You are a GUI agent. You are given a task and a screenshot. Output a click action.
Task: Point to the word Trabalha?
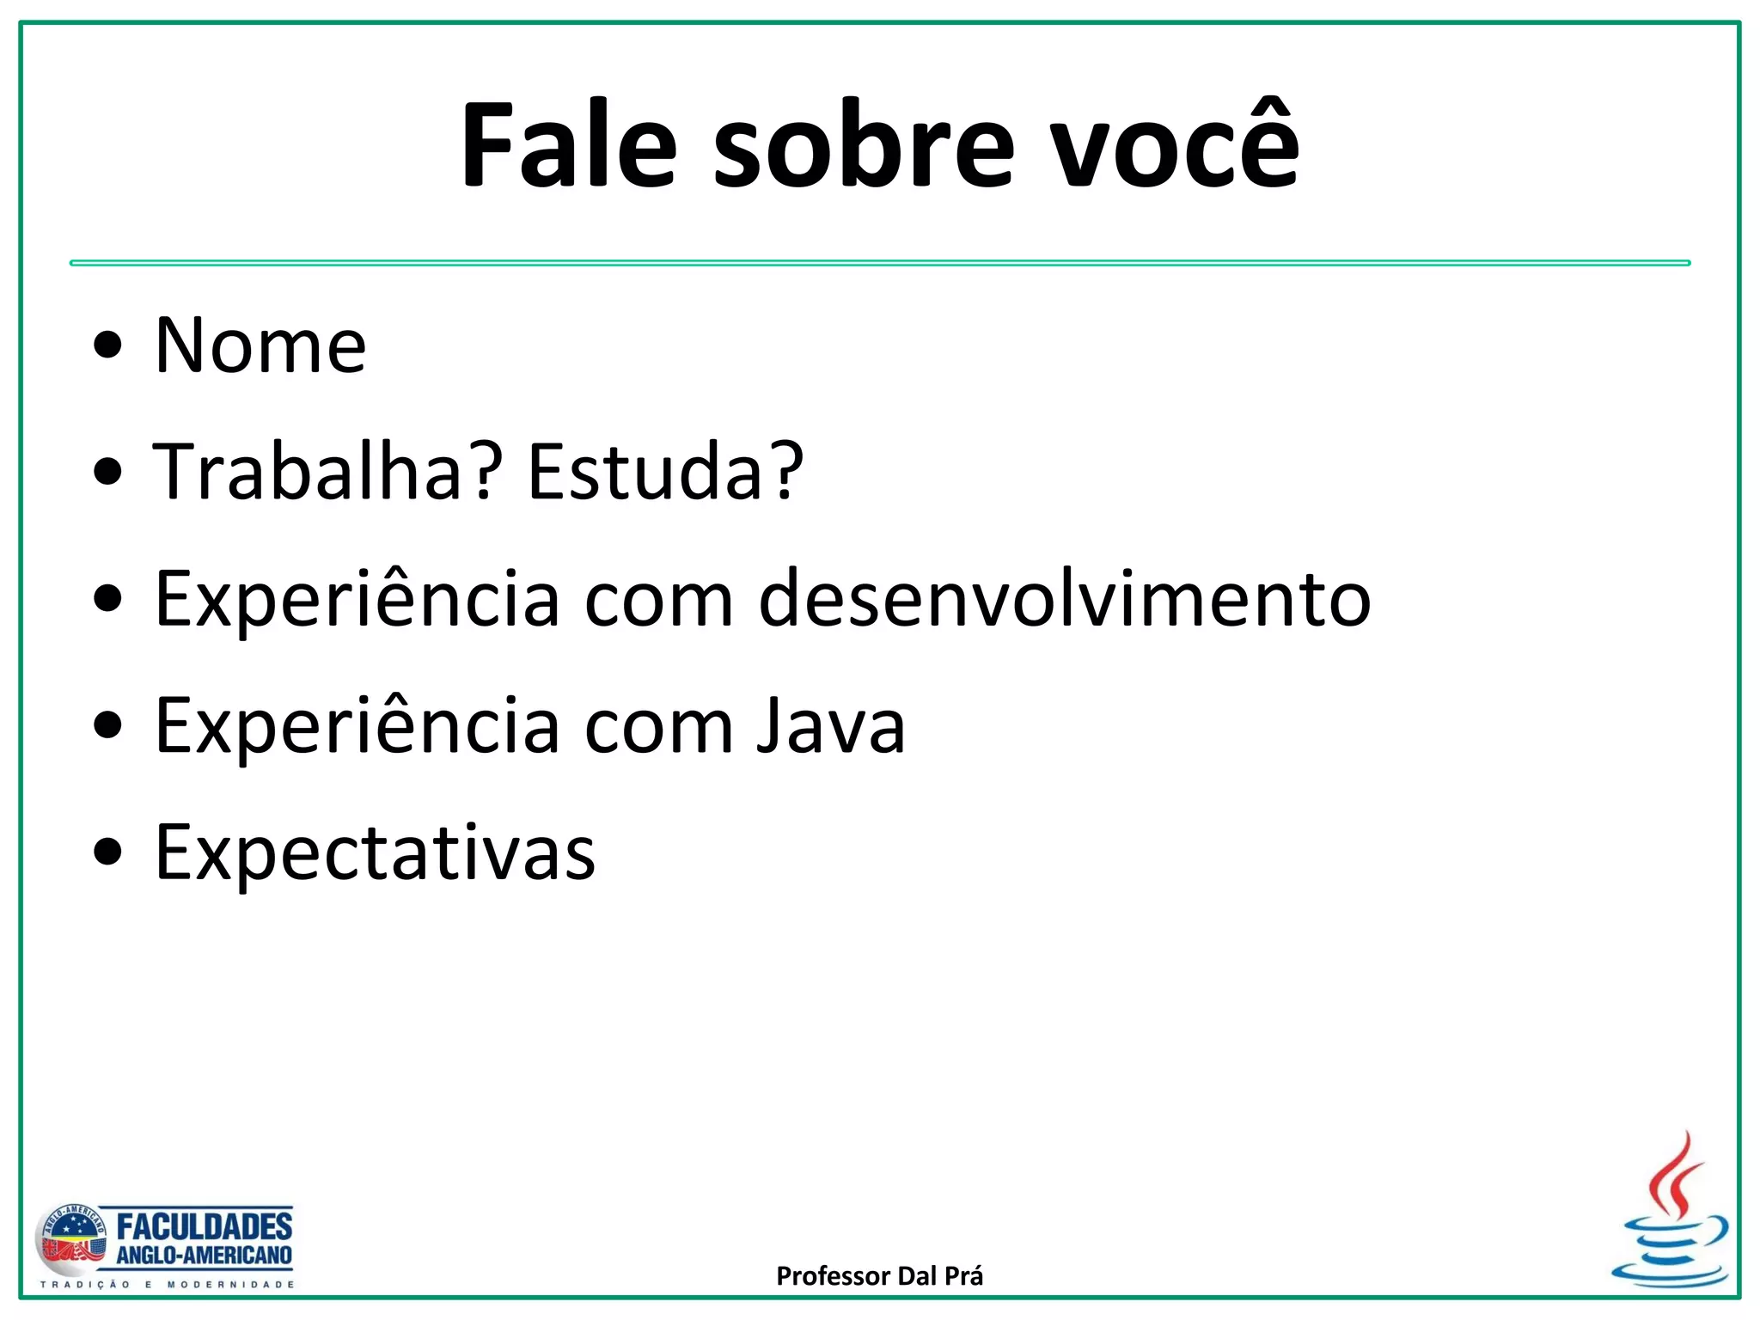327,472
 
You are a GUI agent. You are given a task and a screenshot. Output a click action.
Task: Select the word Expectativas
375,853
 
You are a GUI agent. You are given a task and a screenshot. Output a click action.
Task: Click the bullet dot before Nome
108,346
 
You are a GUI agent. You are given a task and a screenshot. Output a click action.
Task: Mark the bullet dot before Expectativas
108,853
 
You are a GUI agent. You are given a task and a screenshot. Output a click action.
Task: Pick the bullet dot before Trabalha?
108,472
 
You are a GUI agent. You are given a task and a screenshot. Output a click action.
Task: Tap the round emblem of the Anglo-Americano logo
70,1240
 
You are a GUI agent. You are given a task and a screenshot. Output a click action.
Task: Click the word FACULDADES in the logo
205,1225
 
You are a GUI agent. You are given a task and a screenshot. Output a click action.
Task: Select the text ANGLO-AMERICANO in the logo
205,1256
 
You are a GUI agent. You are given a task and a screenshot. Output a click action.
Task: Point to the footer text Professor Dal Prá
879,1276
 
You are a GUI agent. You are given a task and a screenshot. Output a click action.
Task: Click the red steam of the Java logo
1675,1174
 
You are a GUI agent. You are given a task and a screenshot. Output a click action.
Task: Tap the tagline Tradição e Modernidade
168,1285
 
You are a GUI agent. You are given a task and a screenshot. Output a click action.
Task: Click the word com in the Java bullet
658,726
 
